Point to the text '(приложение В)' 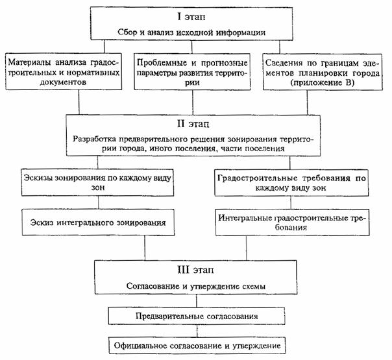pos(326,84)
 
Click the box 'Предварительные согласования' pos(196,315)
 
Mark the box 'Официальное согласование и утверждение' pos(196,345)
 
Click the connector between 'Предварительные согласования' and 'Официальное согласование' pos(196,330)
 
